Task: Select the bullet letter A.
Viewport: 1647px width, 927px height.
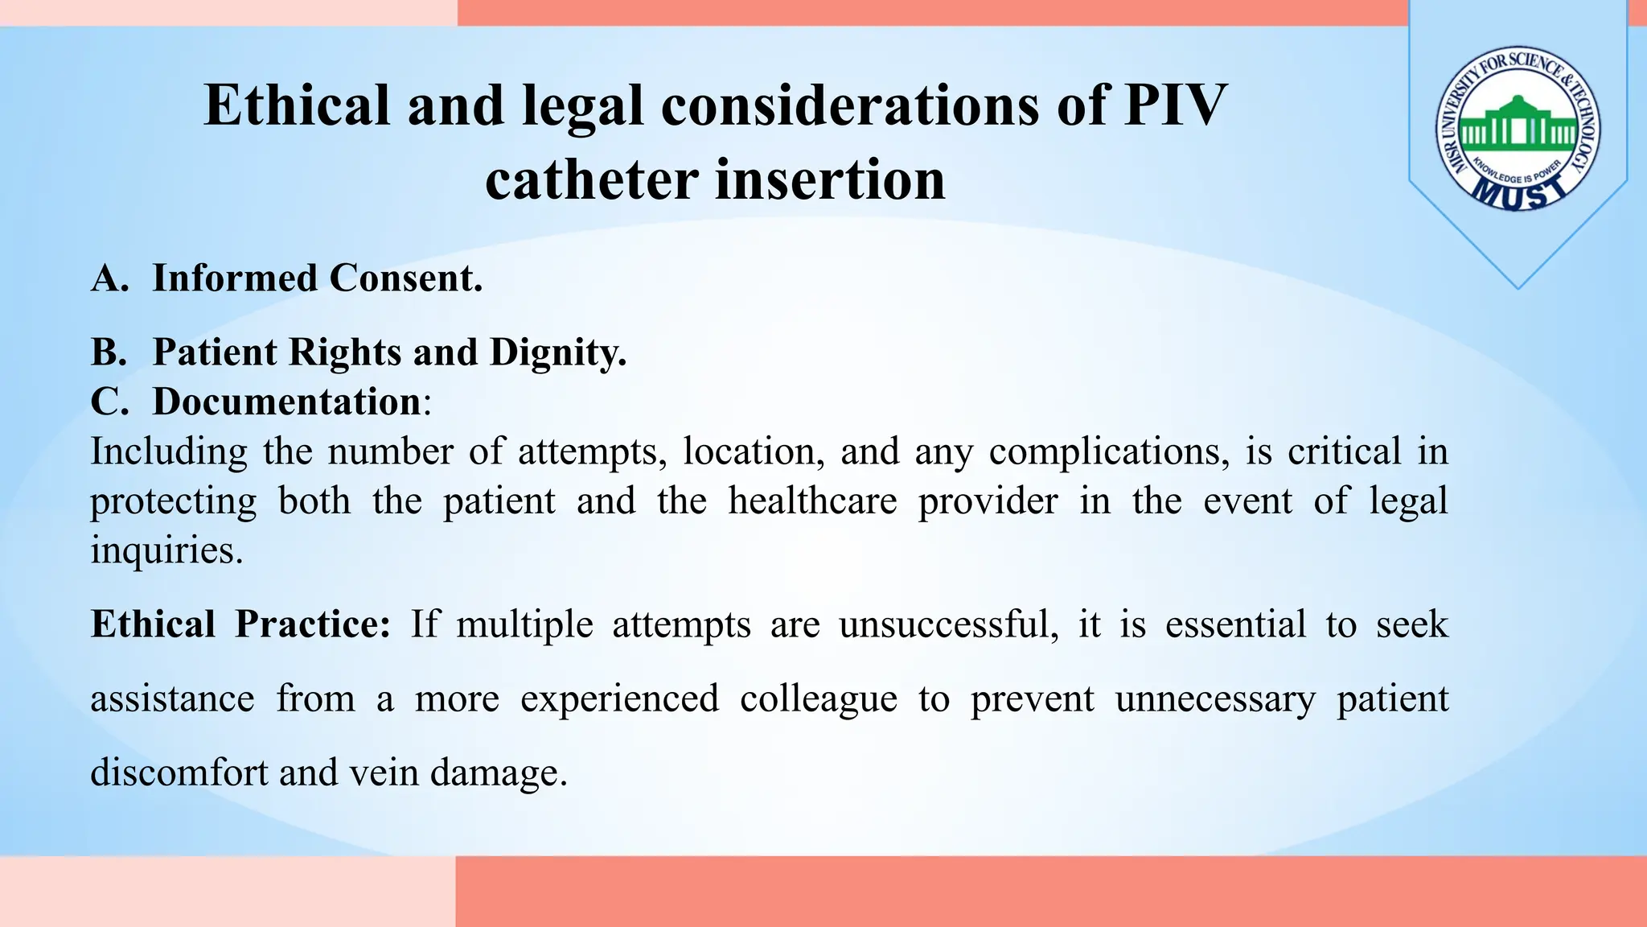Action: click(x=109, y=278)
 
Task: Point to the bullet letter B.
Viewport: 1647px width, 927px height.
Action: click(x=109, y=352)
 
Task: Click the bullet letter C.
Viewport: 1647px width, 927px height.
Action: click(x=109, y=402)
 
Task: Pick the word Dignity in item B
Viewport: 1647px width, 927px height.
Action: click(x=557, y=352)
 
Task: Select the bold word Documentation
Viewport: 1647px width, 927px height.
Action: click(x=286, y=402)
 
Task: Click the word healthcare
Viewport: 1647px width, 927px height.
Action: click(x=812, y=501)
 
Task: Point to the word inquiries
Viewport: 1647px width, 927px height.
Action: click(x=166, y=550)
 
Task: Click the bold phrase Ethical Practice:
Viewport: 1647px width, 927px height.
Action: click(x=240, y=624)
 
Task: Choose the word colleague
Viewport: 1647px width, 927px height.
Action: click(x=818, y=698)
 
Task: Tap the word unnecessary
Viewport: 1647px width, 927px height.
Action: click(x=1214, y=698)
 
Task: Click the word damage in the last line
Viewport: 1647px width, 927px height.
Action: click(x=499, y=772)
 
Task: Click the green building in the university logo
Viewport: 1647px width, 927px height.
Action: click(x=1518, y=128)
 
